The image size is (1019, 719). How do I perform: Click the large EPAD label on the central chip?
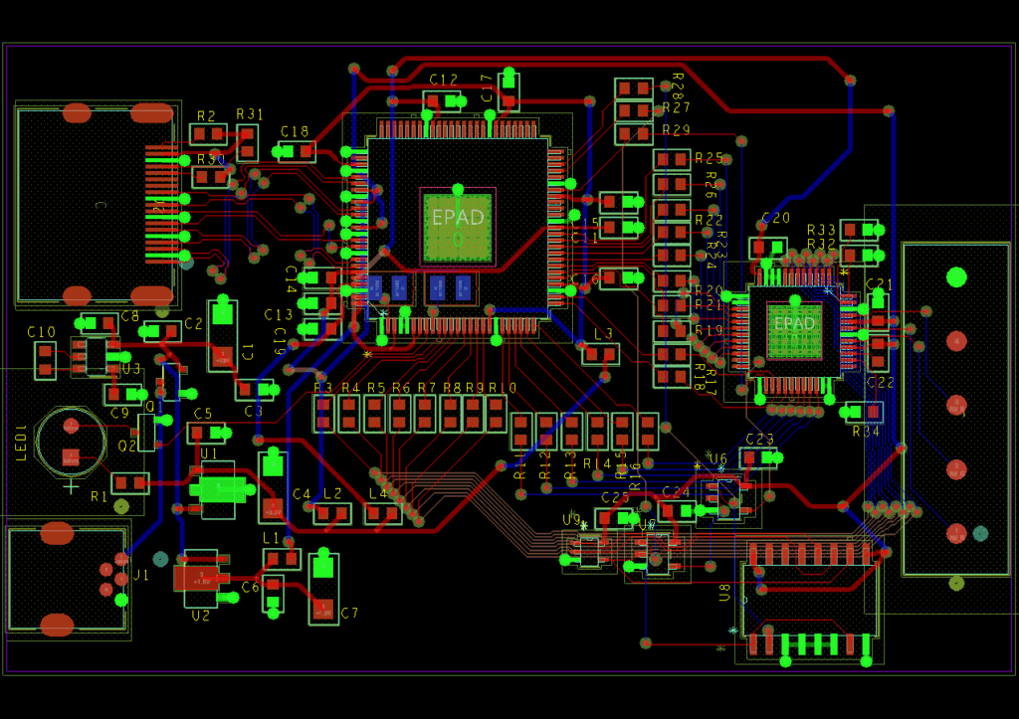point(458,216)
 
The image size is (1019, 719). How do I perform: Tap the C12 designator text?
point(444,80)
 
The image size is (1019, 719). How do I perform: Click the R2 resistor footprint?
point(208,133)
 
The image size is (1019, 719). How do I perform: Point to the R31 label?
point(250,114)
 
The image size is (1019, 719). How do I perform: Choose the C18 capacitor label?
point(295,131)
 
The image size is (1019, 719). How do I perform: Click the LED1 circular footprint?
point(71,443)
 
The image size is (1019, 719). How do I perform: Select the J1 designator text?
point(141,575)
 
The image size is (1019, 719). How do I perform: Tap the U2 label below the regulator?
point(201,616)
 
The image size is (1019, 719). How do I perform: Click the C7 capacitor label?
point(349,614)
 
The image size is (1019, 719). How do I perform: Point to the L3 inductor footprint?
point(601,354)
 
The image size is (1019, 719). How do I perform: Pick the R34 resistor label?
point(866,432)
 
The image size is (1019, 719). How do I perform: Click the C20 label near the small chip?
point(775,218)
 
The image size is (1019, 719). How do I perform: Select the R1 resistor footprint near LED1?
point(129,484)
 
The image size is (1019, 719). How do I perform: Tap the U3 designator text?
point(131,369)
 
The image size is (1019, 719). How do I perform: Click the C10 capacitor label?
point(41,332)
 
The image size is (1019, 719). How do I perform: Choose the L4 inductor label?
point(378,493)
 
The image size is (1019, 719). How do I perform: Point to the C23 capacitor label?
point(759,439)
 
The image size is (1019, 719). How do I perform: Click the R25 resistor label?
point(709,158)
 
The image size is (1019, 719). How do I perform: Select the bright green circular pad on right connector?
point(956,276)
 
